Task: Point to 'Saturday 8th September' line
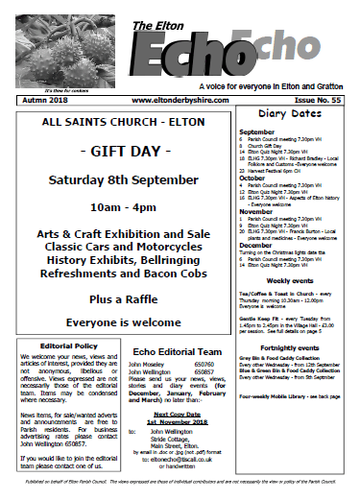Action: pyautogui.click(x=119, y=179)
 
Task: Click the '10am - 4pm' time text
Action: pyautogui.click(x=119, y=205)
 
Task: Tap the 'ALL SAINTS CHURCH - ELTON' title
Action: pyautogui.click(x=119, y=125)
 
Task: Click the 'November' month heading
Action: pyautogui.click(x=256, y=211)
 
